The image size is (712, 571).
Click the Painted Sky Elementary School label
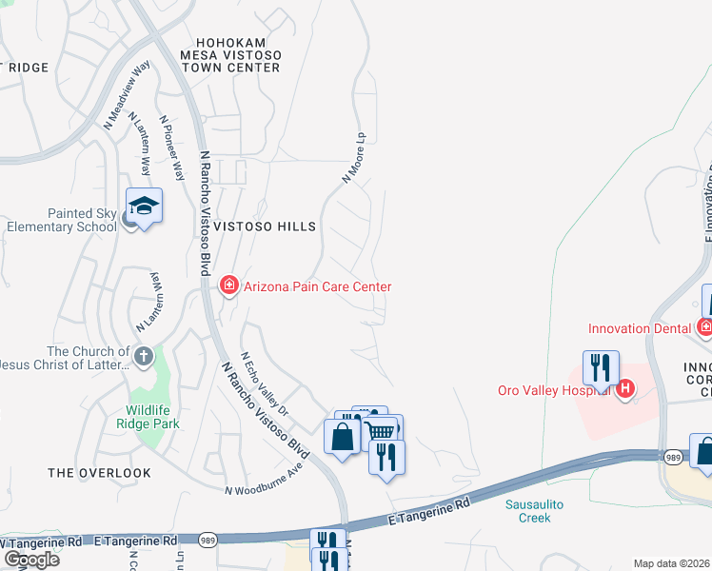61,220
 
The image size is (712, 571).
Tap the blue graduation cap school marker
144,207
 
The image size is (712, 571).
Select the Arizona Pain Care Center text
316,285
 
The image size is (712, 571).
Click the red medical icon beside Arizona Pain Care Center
228,285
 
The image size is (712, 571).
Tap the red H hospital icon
625,388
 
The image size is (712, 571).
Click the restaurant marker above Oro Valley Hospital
601,367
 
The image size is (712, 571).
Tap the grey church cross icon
144,357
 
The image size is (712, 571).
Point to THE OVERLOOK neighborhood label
100,472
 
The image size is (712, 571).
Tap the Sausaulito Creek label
534,511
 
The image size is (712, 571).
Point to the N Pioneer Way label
171,148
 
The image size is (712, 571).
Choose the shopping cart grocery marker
381,431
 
